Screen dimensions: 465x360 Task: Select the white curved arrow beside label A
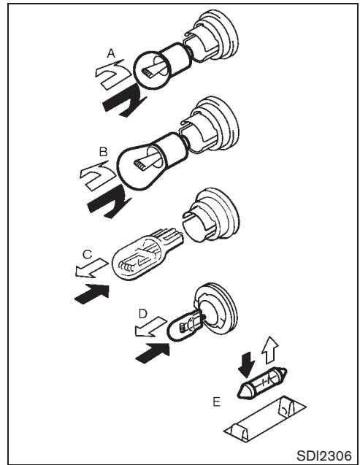pyautogui.click(x=110, y=75)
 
